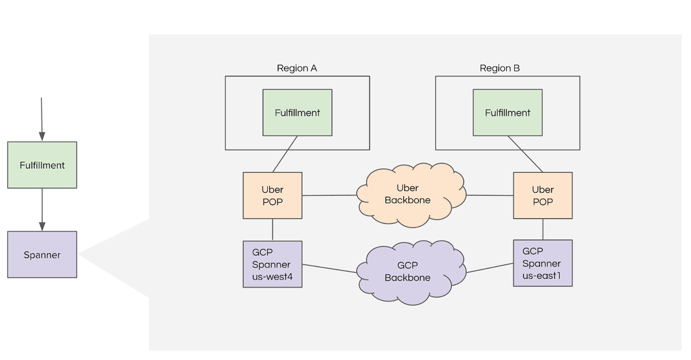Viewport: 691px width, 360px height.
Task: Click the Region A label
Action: (x=297, y=68)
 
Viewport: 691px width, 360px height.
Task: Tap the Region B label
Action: (x=499, y=68)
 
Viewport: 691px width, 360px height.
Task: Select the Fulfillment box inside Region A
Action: (x=297, y=112)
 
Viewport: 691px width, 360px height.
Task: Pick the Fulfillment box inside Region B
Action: (x=508, y=112)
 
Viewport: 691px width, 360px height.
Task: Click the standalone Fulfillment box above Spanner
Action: (x=42, y=165)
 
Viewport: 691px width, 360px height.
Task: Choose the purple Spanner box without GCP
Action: (x=42, y=255)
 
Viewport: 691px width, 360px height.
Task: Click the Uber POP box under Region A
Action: (x=272, y=196)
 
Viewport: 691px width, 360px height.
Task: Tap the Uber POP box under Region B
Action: (x=543, y=196)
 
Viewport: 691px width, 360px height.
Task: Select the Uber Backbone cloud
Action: (x=411, y=195)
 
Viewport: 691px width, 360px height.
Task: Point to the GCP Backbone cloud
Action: (x=411, y=272)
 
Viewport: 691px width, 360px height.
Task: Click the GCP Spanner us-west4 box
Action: (x=272, y=264)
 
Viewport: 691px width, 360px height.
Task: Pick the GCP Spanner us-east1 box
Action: (x=543, y=263)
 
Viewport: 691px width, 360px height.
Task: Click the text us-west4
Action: (x=272, y=276)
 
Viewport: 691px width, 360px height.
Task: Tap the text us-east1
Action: (x=541, y=275)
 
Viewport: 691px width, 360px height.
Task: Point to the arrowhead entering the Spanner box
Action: (x=42, y=226)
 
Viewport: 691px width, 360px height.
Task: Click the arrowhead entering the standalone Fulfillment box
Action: (x=42, y=137)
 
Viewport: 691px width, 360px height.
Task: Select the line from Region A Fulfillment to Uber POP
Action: (x=285, y=154)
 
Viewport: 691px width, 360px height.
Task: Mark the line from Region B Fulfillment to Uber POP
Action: (x=525, y=154)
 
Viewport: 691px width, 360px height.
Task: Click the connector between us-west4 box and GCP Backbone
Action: (x=329, y=268)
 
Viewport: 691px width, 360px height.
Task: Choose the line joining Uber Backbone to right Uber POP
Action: (x=490, y=195)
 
